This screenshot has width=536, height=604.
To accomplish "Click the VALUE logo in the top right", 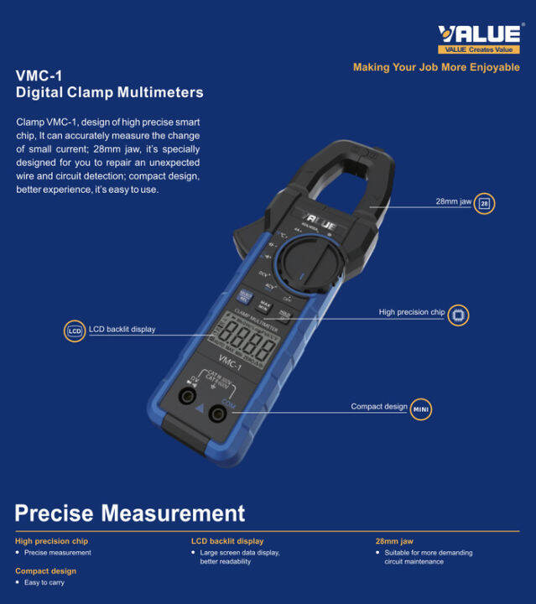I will pyautogui.click(x=478, y=34).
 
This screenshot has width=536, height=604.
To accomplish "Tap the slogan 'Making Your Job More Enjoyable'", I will pyautogui.click(x=436, y=67).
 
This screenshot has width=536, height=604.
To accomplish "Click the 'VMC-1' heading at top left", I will pyautogui.click(x=39, y=75).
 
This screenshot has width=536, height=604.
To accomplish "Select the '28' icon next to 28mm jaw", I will pyautogui.click(x=484, y=203).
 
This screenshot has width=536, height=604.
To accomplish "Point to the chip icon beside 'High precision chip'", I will pyautogui.click(x=458, y=315).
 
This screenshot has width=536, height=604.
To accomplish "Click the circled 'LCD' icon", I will pyautogui.click(x=75, y=331).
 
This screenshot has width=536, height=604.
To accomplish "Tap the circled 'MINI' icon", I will pyautogui.click(x=421, y=409).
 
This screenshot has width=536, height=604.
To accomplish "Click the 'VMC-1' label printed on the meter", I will pyautogui.click(x=229, y=366).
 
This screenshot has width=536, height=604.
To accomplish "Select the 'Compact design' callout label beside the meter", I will pyautogui.click(x=378, y=407).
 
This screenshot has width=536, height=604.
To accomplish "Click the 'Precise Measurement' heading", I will pyautogui.click(x=130, y=513).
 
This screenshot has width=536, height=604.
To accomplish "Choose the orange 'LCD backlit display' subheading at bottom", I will pyautogui.click(x=226, y=541).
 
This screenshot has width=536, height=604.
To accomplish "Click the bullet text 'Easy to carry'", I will pyautogui.click(x=44, y=582).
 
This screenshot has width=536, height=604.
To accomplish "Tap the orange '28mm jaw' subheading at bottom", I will pyautogui.click(x=393, y=541).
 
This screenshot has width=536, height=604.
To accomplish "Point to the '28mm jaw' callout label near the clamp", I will pyautogui.click(x=453, y=202).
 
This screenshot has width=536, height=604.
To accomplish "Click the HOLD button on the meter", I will pyautogui.click(x=285, y=315).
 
